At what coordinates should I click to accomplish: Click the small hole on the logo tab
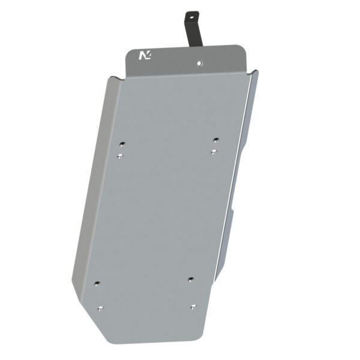pos(200,61)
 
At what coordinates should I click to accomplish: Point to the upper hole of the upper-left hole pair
pos(122,144)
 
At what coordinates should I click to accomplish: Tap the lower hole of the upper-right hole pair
pos(213,152)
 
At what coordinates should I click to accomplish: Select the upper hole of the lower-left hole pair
pos(98,282)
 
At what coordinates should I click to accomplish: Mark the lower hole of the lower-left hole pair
pos(100,310)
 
